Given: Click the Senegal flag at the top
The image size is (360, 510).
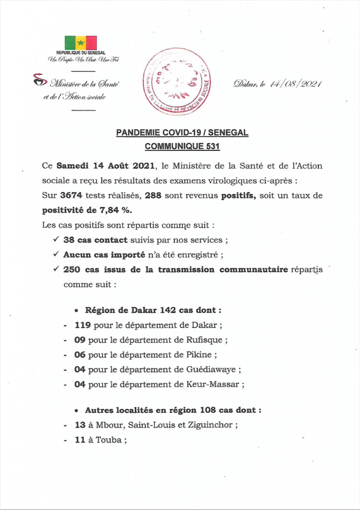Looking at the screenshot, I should point(81,43).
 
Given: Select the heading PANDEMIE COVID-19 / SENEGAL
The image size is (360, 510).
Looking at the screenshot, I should point(182,133).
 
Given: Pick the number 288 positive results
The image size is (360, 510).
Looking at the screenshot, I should point(153,196).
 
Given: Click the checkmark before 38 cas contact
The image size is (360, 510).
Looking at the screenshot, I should point(56,240).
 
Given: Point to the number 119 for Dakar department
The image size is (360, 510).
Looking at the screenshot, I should point(80,326).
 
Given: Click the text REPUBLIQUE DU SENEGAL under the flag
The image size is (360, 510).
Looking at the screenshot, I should point(81,53).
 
